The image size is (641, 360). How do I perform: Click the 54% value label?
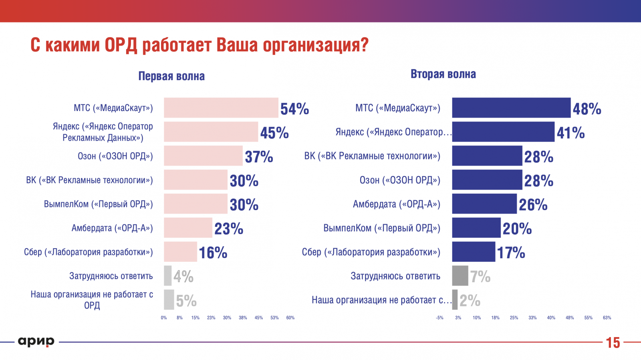(294, 109)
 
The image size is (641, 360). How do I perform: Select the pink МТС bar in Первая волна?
(221, 107)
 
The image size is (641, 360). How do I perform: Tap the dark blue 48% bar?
(511, 107)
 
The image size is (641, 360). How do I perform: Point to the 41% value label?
(570, 133)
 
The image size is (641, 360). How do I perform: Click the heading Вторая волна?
(443, 74)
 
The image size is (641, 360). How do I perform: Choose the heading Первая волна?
(171, 76)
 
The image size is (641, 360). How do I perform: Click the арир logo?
(36, 342)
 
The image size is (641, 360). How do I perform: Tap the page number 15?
(613, 343)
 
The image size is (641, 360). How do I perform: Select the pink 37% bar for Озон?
(203, 156)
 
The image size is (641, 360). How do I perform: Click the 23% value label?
(229, 229)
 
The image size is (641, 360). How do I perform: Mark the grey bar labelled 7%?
(460, 276)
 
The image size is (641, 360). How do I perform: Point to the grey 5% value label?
(186, 301)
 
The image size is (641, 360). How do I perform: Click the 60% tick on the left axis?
(290, 318)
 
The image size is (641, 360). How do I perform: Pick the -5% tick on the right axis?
(439, 318)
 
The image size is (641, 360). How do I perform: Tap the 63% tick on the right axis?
(607, 318)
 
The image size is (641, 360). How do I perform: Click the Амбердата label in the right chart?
(396, 204)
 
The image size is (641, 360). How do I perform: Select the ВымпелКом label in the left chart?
(98, 204)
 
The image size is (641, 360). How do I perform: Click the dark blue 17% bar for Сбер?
(474, 252)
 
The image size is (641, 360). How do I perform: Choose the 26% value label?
(533, 205)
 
